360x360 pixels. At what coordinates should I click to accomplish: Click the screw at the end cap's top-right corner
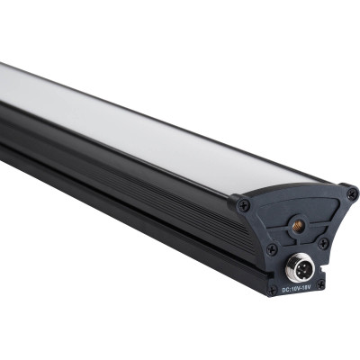pyautogui.click(x=351, y=193)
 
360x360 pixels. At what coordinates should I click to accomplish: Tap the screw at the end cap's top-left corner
pyautogui.click(x=244, y=205)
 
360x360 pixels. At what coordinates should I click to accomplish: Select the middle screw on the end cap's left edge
pyautogui.click(x=271, y=249)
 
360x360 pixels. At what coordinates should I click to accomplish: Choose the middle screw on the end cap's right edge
pyautogui.click(x=323, y=243)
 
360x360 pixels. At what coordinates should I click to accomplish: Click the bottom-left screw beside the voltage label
pyautogui.click(x=271, y=290)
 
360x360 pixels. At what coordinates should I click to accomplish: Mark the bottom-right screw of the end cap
pyautogui.click(x=320, y=284)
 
